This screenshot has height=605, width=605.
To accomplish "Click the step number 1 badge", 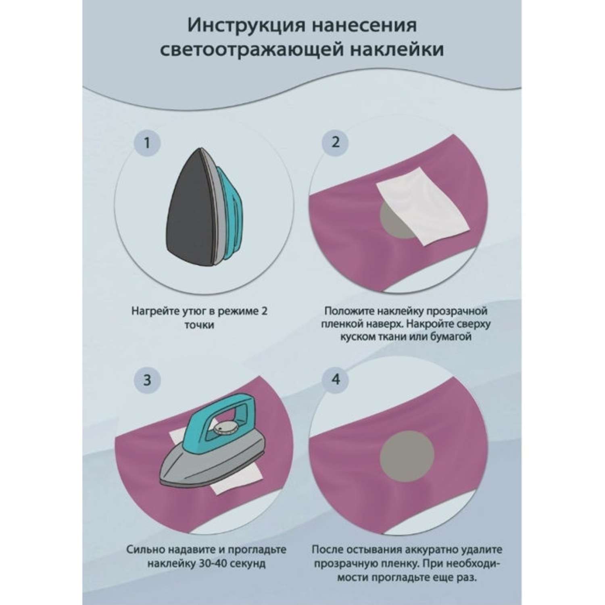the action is coord(147,143).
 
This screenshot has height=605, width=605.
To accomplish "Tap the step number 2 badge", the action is coord(335,142).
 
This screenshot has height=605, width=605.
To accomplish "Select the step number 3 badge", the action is coord(147,380).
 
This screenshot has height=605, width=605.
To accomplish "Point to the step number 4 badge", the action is coord(335,380).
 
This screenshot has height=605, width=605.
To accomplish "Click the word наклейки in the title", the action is coord(394,50).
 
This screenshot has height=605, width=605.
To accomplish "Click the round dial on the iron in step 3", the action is coord(223,428).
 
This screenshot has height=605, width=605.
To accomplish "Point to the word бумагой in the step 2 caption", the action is coord(452,337).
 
